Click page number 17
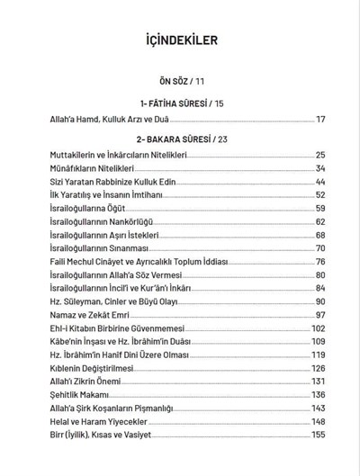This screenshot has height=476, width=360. click(x=320, y=120)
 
